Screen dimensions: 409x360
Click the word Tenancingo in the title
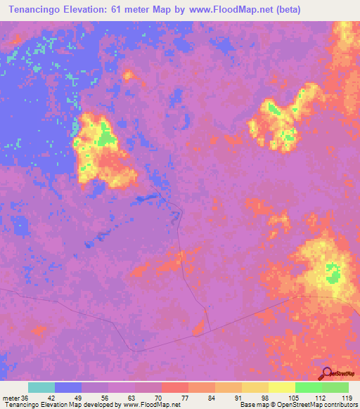pos(35,10)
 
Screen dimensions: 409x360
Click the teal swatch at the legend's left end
pos(41,387)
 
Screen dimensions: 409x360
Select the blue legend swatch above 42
pos(68,387)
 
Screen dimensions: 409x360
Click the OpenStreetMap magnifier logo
pos(327,374)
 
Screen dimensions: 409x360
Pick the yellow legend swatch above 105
pos(282,387)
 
